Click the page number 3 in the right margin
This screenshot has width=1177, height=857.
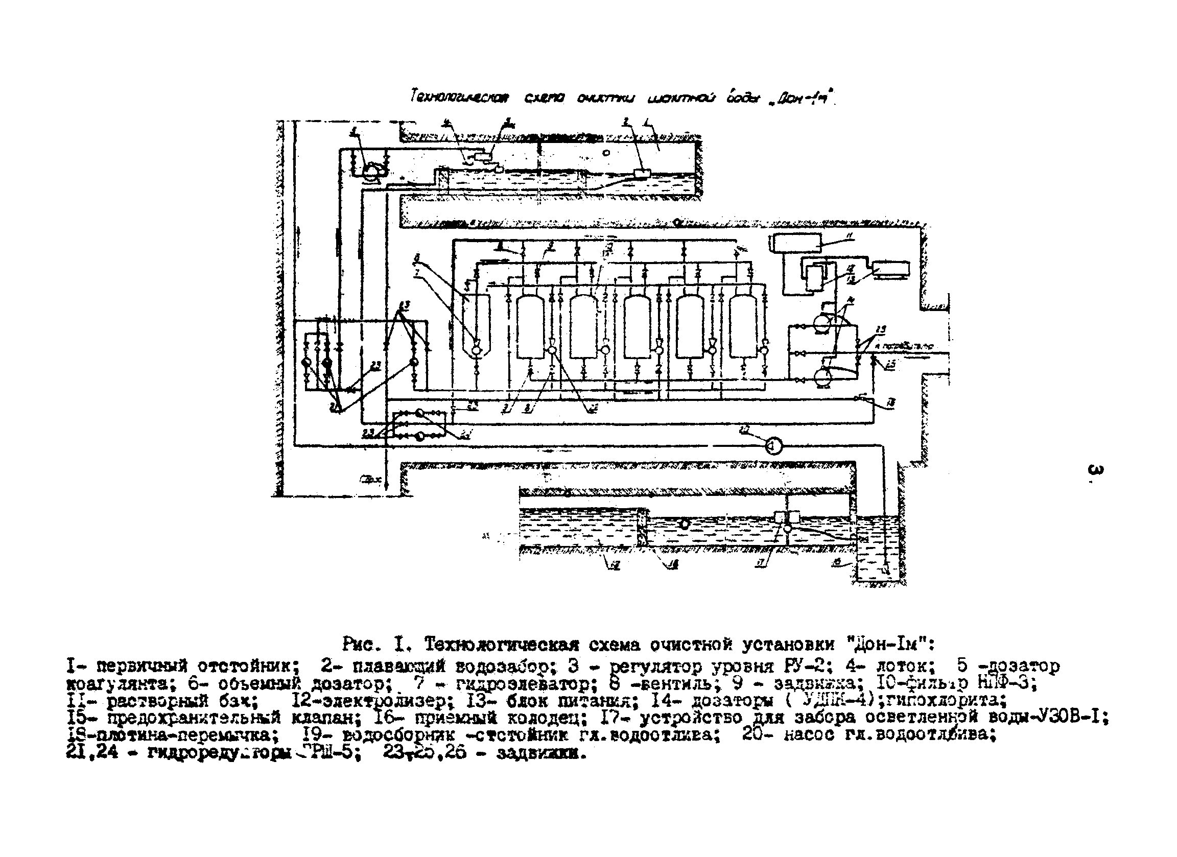point(1094,471)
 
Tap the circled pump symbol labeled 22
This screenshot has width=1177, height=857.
point(773,446)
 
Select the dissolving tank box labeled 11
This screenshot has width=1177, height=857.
point(796,243)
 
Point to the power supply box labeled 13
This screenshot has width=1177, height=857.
point(891,269)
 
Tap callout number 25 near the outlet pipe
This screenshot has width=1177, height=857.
point(890,365)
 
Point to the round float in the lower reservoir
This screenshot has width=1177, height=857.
point(685,524)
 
